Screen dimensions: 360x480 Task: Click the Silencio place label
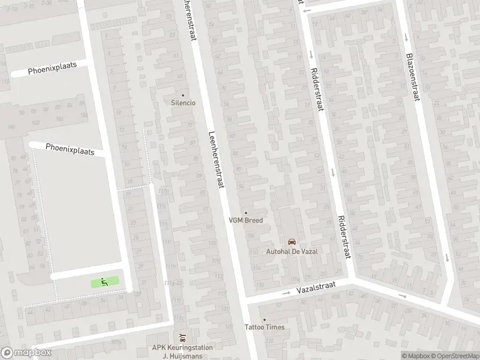pos(184,103)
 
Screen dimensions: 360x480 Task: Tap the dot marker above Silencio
pos(184,95)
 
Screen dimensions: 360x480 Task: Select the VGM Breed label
pos(245,220)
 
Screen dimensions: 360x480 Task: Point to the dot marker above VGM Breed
pos(245,212)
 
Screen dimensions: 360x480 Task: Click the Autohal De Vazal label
pos(292,251)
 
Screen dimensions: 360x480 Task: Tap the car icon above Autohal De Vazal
pos(292,242)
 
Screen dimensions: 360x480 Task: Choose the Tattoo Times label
pos(264,327)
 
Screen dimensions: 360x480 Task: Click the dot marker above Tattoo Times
pos(264,319)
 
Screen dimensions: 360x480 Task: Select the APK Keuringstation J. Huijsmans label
pos(183,350)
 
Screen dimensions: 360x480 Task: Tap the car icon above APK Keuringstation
pos(183,336)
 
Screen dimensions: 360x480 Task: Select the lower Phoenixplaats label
pos(70,149)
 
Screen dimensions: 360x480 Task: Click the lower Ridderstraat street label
pos(343,237)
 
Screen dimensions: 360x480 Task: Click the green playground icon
pos(104,281)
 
